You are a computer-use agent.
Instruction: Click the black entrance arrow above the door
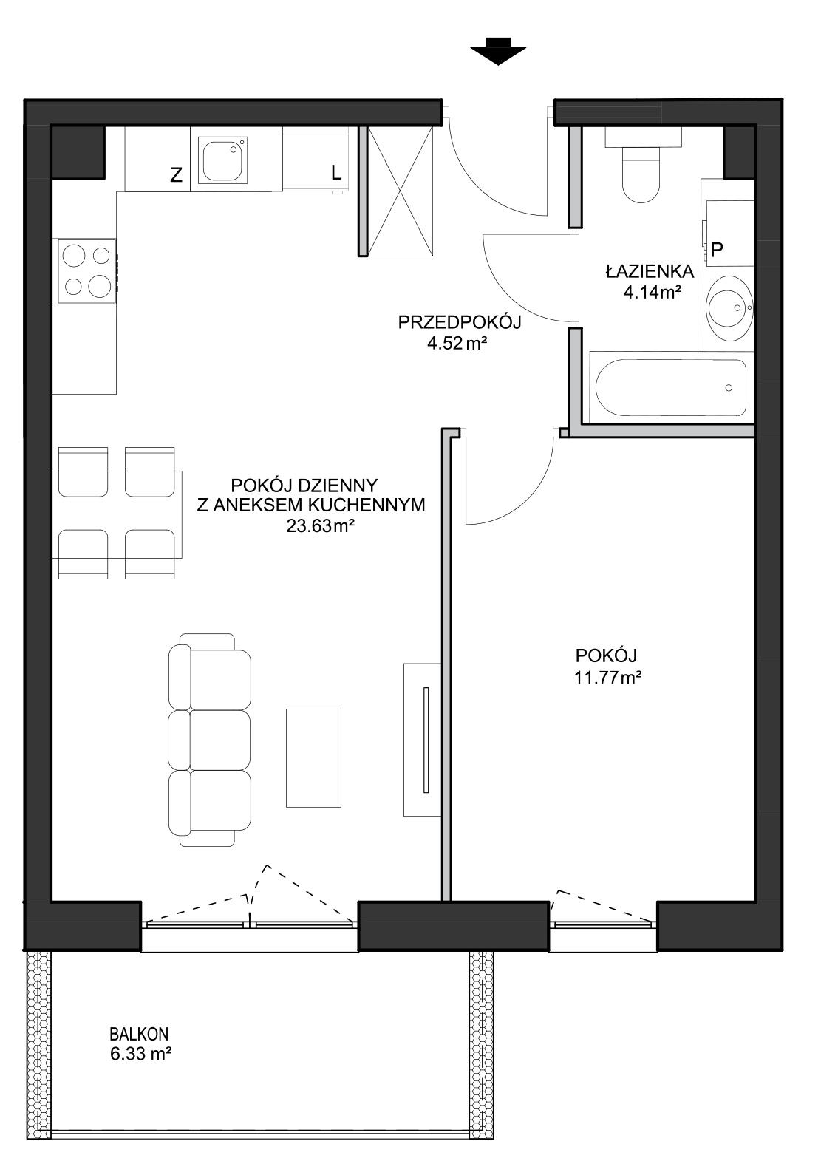click(498, 51)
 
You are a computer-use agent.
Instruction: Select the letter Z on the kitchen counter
click(177, 174)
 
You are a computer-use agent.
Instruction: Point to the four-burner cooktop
click(86, 270)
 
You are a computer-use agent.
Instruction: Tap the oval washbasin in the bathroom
click(729, 308)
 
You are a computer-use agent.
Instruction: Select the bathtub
click(672, 387)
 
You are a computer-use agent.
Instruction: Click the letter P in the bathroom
click(717, 250)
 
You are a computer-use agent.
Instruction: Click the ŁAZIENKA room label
click(650, 272)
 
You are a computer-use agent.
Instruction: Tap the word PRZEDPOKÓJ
click(460, 321)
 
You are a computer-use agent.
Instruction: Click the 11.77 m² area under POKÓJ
click(608, 678)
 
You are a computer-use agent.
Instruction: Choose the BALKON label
click(139, 1034)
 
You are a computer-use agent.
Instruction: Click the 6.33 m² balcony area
click(141, 1054)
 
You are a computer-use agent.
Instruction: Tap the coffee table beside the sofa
click(313, 758)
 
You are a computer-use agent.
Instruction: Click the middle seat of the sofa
click(210, 740)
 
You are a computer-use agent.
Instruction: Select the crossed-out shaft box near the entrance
click(401, 191)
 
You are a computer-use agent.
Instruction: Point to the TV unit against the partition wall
click(422, 740)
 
